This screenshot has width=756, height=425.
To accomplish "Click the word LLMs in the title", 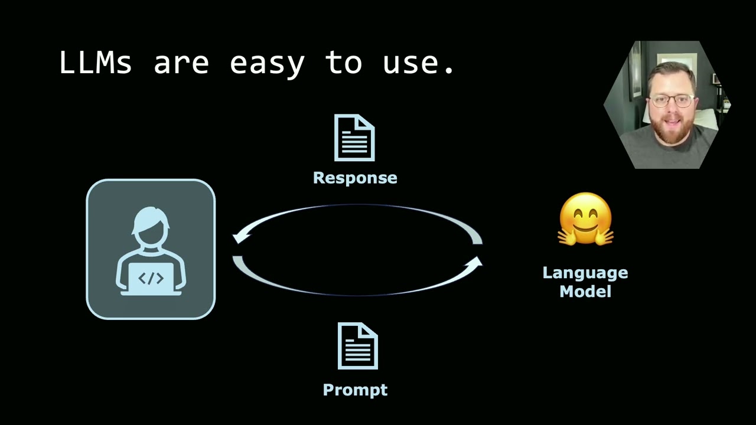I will pos(95,62).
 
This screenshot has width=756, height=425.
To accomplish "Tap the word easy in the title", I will pos(266,63).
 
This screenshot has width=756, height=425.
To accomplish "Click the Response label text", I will pos(355,178).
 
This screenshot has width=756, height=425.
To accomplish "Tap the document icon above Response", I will pos(354,138).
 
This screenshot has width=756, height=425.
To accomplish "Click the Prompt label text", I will pos(355,390).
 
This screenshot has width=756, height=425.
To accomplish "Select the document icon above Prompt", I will pos(357,346).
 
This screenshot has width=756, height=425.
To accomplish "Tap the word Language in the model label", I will pos(585,273).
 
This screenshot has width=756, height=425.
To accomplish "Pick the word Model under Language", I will pos(585,291).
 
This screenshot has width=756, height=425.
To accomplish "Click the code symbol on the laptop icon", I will pos(151,279).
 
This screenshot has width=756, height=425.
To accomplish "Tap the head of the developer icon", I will pos(151,227).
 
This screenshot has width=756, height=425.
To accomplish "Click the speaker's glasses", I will pos(672,101).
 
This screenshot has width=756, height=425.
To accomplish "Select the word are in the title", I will pos(181,63).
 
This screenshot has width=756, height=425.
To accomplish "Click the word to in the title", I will pos(343,63).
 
